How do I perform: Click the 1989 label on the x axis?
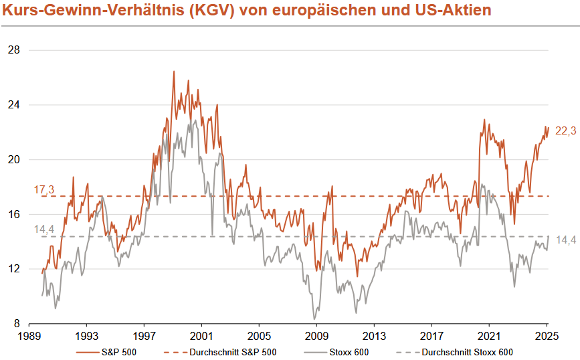pos(29,337)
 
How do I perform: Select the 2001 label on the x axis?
pos(201,337)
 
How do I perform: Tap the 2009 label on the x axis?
pos(316,337)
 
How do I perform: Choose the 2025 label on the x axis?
pos(547,337)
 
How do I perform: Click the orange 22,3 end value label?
pos(565,132)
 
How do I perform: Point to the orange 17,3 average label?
pos(43,190)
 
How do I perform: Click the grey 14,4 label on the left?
pos(43,230)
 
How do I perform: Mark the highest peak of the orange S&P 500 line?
pos(174,72)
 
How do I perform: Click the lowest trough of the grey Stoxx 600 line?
pos(314,319)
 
